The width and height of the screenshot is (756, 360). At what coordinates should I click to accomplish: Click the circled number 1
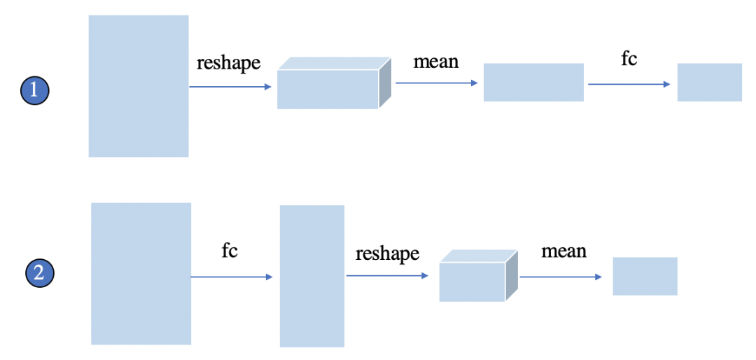34,90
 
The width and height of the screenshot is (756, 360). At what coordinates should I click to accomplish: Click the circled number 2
39,272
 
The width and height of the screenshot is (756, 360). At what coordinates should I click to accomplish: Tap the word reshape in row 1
228,63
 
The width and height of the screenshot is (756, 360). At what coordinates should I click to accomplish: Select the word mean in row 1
435,62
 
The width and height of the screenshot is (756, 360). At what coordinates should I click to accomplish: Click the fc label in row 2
229,251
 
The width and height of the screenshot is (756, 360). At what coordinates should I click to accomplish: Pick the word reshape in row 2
387,254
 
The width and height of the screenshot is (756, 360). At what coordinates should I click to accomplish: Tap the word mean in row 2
563,251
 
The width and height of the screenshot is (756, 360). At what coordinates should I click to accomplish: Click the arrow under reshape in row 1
230,87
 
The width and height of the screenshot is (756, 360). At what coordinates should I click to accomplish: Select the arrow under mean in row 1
436,83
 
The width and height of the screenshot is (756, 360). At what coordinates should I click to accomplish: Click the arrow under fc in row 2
231,277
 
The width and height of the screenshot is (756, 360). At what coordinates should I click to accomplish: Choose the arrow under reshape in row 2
387,276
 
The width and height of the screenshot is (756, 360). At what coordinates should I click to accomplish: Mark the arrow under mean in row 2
560,277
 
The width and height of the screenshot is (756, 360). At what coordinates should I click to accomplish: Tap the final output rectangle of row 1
709,82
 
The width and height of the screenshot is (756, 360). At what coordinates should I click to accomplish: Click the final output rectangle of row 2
645,276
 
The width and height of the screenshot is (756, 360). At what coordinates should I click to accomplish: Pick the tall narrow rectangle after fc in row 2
311,276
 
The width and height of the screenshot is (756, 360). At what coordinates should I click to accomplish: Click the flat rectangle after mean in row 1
533,82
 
